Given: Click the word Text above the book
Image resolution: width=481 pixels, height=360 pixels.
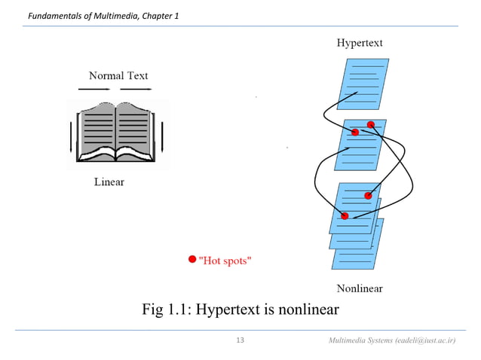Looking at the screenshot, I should click(137, 75).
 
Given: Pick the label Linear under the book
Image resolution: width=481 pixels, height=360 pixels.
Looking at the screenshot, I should click(109, 182).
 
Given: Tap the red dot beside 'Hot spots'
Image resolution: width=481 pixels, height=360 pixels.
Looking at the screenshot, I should click(192, 260).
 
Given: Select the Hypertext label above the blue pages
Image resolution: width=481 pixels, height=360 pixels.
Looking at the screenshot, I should click(359, 43).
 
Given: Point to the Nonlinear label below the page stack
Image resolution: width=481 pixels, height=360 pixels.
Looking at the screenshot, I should click(359, 288).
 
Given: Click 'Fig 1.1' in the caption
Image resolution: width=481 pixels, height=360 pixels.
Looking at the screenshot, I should click(165, 310).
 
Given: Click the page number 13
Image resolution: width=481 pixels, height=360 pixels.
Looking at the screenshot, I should click(240, 341).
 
